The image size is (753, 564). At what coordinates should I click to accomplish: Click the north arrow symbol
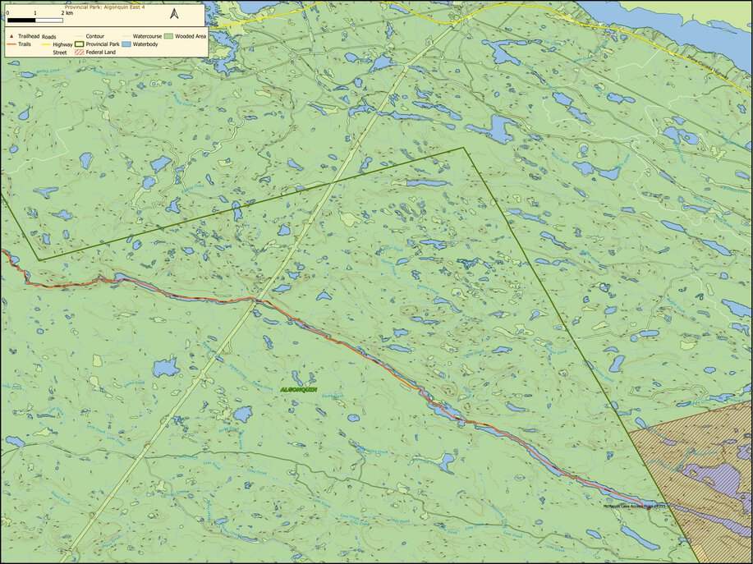[x=174, y=14]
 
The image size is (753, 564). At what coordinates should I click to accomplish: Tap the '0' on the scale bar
[x=7, y=13]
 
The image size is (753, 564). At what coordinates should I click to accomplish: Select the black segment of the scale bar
[x=21, y=19]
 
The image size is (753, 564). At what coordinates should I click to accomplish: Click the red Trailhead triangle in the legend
[x=10, y=37]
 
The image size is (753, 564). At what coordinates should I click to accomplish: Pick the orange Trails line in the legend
[x=10, y=44]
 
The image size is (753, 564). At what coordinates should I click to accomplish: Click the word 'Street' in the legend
[x=60, y=52]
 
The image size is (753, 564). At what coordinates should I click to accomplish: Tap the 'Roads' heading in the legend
[x=49, y=37]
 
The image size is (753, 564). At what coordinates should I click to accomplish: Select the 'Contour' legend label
[x=94, y=37]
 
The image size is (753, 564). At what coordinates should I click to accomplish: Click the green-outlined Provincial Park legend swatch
[x=80, y=44]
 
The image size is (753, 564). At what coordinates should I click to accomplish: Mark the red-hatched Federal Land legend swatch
[x=80, y=52]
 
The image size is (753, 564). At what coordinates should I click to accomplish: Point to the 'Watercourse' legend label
[x=146, y=37]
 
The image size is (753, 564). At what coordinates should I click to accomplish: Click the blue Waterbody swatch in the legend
[x=126, y=44]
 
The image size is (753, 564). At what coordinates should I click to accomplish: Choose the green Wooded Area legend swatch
[x=168, y=37]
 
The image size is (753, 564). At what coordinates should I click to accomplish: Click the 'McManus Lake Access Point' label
[x=634, y=507]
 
